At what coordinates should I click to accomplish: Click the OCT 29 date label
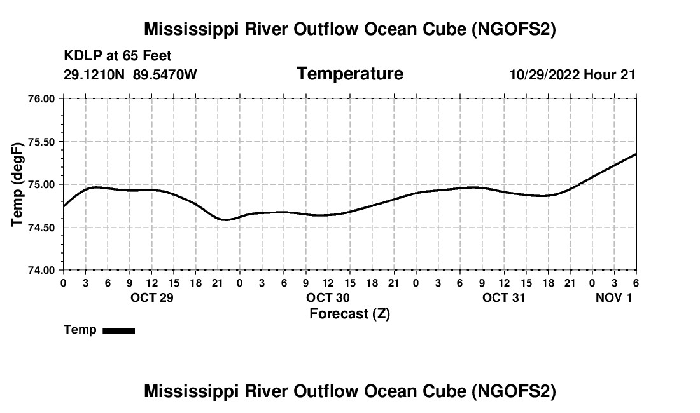[x=152, y=297]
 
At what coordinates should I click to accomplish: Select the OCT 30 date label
[x=328, y=297]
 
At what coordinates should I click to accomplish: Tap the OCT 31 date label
[x=504, y=297]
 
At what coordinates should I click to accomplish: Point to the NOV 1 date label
[x=613, y=297]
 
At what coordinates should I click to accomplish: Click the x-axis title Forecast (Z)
[x=349, y=313]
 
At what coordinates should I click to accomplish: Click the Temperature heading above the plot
[x=350, y=74]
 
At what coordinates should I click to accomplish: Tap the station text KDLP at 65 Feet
[x=118, y=57]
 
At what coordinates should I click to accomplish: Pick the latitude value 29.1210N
[x=95, y=74]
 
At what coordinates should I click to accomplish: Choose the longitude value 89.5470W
[x=165, y=74]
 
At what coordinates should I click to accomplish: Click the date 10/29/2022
[x=545, y=74]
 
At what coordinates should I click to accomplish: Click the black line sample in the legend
[x=118, y=330]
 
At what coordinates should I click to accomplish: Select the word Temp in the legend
[x=80, y=330]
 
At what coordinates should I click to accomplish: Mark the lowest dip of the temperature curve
[x=225, y=220]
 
